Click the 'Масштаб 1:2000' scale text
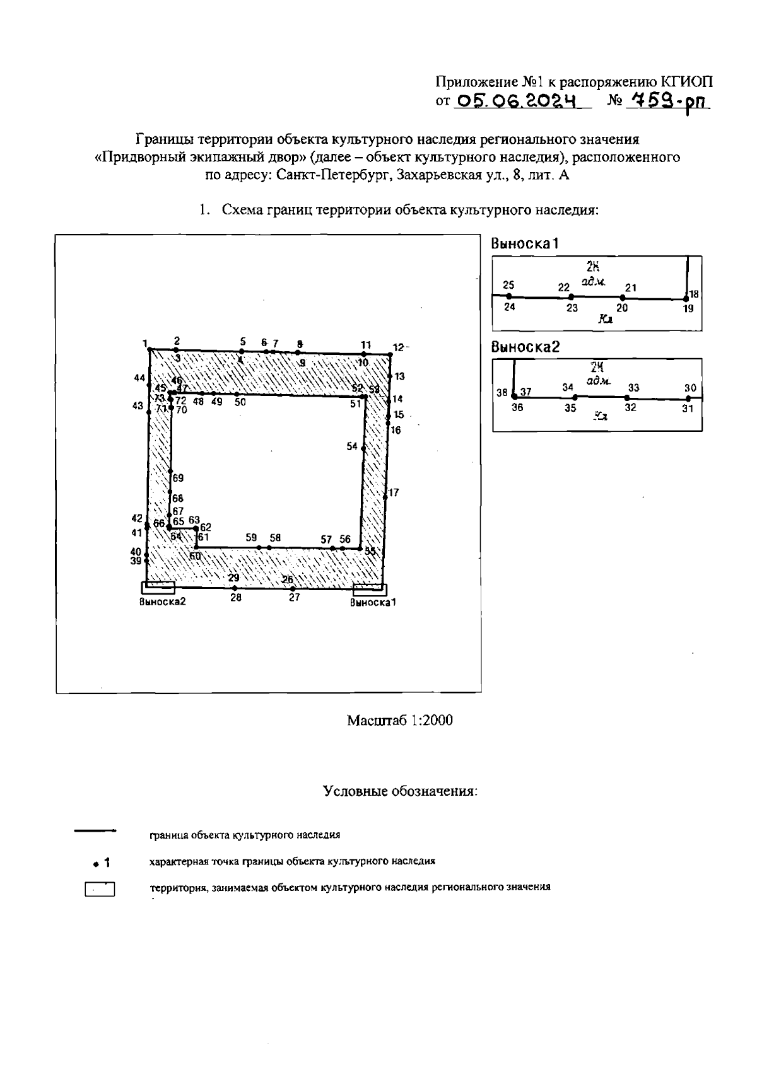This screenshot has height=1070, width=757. [x=399, y=720]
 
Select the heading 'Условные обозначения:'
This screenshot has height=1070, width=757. [x=400, y=791]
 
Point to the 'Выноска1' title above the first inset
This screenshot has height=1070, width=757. [x=525, y=243]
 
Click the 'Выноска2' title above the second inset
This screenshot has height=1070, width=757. [x=525, y=347]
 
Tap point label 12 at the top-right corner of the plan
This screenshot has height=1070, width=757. [x=398, y=347]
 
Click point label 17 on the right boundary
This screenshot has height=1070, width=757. [x=394, y=492]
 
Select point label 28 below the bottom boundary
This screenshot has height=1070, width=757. [x=236, y=597]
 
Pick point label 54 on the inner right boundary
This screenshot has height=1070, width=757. [x=352, y=446]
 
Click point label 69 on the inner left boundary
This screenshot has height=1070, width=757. [x=178, y=479]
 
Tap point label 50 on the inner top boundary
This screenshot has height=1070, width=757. [x=240, y=402]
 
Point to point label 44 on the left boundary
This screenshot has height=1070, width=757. [x=139, y=378]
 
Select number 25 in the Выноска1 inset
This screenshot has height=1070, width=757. [x=509, y=285]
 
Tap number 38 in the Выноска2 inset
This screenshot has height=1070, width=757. [x=502, y=392]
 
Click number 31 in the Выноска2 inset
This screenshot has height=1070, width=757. [x=688, y=409]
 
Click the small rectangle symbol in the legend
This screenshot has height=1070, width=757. [x=100, y=890]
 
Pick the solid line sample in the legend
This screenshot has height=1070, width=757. [x=95, y=831]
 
